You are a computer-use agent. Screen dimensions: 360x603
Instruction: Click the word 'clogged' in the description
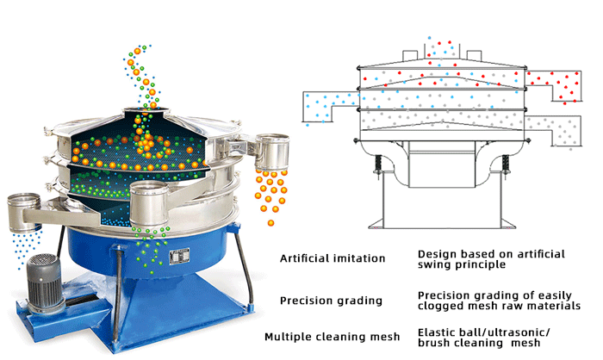tap(442, 306)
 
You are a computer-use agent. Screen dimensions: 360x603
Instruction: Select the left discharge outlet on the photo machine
tap(26, 209)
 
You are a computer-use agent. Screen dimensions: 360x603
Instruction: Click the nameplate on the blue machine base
tap(179, 256)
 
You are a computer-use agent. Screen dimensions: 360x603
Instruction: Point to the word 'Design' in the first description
tap(438, 254)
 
